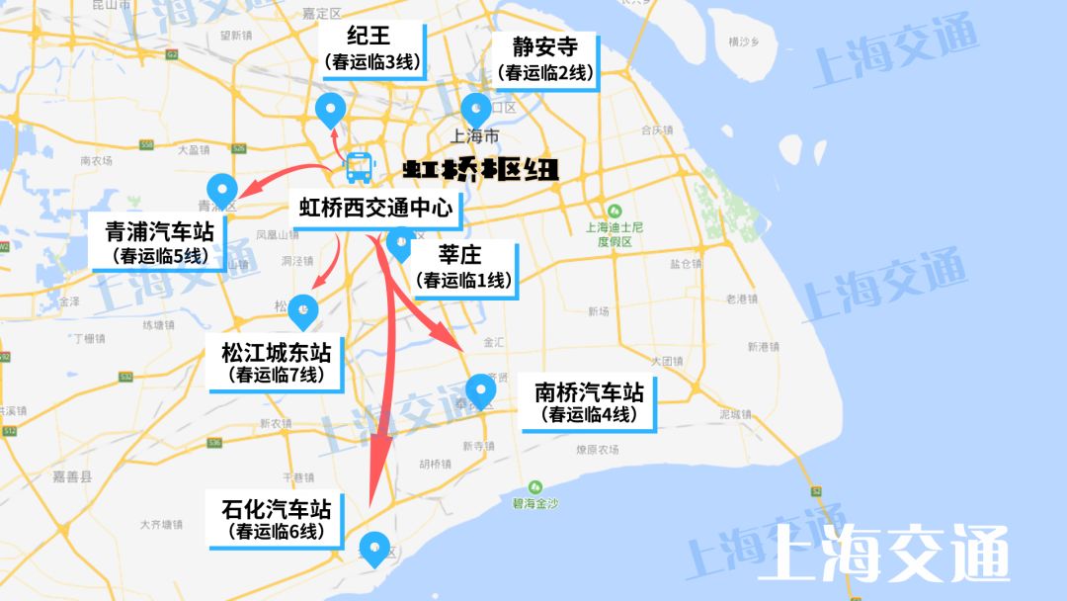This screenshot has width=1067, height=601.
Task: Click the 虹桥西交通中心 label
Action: (x=375, y=209)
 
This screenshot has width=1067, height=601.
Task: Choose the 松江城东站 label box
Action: (x=276, y=363)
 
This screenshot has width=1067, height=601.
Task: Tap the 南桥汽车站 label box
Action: (x=589, y=402)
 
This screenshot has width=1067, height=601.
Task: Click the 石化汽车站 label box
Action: (x=276, y=519)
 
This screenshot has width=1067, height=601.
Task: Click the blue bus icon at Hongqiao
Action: (x=359, y=168)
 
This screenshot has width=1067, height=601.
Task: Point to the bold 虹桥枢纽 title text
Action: (x=481, y=170)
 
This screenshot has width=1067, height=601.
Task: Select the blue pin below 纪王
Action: (x=328, y=110)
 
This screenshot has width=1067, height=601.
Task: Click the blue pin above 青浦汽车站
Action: (x=221, y=189)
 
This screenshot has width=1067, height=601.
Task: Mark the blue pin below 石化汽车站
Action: (x=374, y=548)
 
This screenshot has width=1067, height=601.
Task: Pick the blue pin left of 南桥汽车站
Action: (x=480, y=389)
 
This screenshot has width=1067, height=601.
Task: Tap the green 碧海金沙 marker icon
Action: (x=535, y=487)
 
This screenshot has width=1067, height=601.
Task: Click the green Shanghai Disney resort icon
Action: (x=615, y=211)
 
